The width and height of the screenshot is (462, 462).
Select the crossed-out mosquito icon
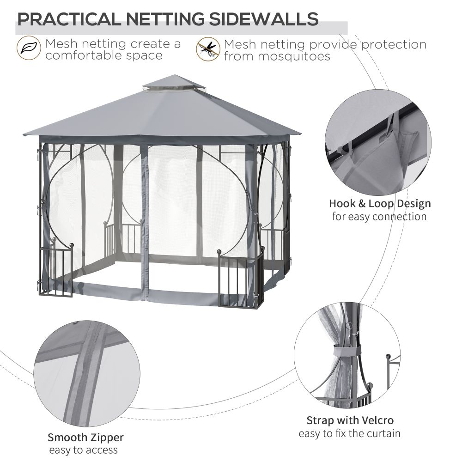[208, 49]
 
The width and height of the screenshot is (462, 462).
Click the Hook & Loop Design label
[379, 203]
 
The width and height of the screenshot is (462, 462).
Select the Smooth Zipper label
[85, 437]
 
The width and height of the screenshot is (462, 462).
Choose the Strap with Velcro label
[350, 420]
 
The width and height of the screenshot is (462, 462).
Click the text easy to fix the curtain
[349, 433]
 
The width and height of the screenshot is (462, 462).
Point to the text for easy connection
[379, 216]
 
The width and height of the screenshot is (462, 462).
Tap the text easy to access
[84, 450]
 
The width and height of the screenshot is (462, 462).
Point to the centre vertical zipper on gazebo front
[146, 222]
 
